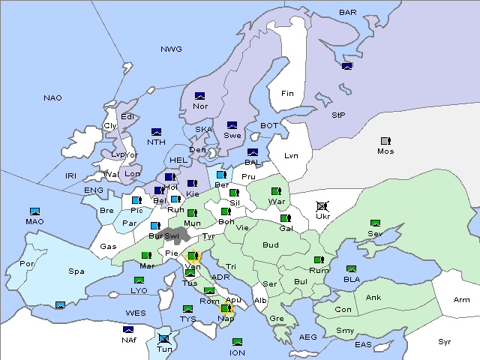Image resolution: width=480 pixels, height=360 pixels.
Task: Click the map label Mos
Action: click(385, 151)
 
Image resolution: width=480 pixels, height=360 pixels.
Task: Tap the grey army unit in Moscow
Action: click(385, 141)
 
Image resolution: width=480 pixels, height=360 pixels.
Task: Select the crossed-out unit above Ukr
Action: click(322, 206)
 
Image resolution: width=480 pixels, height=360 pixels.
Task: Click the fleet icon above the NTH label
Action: click(156, 132)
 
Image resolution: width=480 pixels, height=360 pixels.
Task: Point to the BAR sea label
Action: click(348, 13)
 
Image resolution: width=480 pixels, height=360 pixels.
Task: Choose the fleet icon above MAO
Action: click(34, 211)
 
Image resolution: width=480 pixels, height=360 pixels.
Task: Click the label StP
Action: click(339, 115)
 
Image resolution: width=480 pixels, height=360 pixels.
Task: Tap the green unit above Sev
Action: click(375, 223)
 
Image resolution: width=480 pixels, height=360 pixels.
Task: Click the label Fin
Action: click(287, 94)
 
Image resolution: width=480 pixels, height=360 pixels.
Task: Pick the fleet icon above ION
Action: click(237, 342)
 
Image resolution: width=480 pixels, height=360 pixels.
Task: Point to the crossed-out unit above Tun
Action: click(165, 339)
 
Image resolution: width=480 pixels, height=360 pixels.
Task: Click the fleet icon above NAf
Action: click(128, 329)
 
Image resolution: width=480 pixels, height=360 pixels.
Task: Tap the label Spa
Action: click(76, 271)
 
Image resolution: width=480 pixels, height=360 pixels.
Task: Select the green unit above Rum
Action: click(319, 260)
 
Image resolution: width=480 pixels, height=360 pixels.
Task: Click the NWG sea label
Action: click(171, 49)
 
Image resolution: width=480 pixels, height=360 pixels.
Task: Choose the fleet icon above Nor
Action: click(199, 96)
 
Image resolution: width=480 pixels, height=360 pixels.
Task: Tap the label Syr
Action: click(445, 341)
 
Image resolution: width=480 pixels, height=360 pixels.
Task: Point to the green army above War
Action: click(276, 191)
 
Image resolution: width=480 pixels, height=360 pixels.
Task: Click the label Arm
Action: click(462, 300)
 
